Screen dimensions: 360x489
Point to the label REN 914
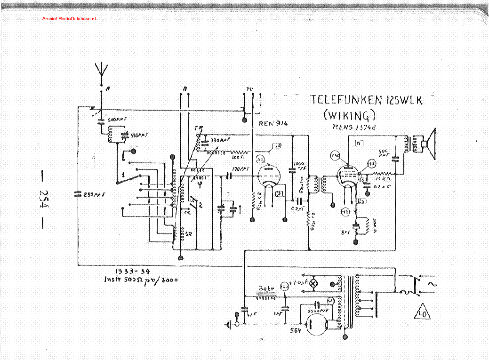273,124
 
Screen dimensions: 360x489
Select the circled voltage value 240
335,156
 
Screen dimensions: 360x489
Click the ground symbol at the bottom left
231,324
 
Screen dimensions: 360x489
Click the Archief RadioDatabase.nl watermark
69,18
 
